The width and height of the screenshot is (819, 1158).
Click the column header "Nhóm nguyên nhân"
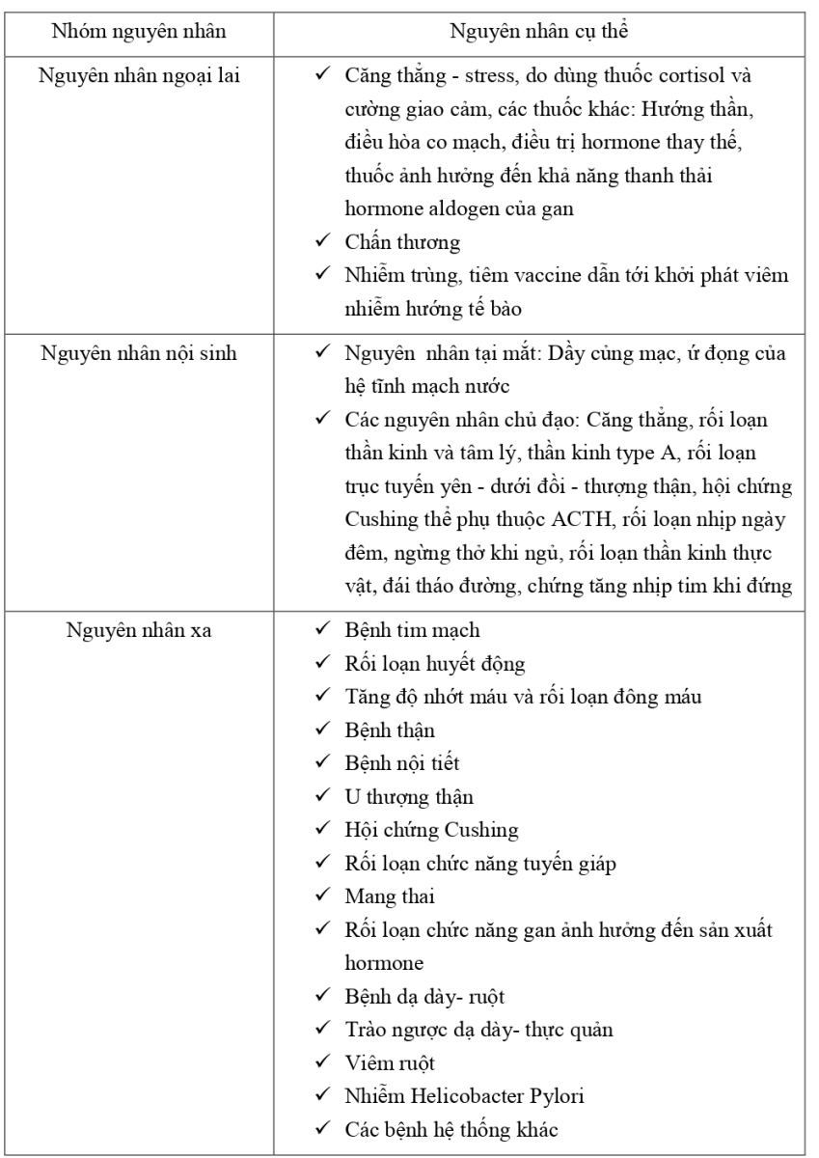142,30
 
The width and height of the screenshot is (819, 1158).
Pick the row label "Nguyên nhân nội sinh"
142,349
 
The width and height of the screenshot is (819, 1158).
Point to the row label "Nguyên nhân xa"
142,631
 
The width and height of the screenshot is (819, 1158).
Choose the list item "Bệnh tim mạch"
398,631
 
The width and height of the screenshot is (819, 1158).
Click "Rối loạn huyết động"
421,664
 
